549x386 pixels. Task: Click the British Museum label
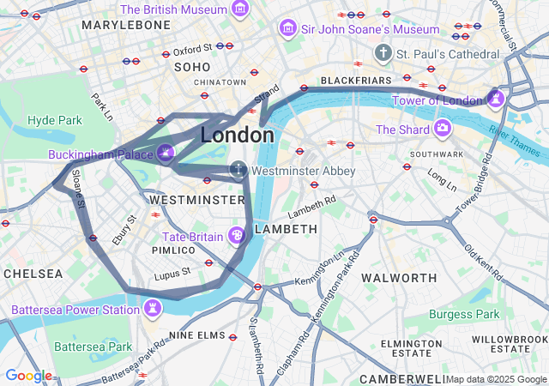click(x=175, y=10)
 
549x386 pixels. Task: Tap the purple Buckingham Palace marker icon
click(x=166, y=154)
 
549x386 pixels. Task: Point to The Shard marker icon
click(x=443, y=130)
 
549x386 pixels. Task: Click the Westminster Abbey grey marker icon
click(x=238, y=171)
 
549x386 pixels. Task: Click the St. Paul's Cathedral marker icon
click(x=383, y=54)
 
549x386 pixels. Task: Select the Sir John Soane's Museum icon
click(x=288, y=29)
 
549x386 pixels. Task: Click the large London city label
click(x=238, y=136)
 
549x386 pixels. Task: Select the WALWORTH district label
click(x=399, y=278)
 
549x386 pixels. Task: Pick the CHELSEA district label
click(x=33, y=274)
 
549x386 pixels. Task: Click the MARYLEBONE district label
click(x=126, y=25)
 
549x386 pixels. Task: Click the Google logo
click(x=27, y=376)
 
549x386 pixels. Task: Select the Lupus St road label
click(x=172, y=275)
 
